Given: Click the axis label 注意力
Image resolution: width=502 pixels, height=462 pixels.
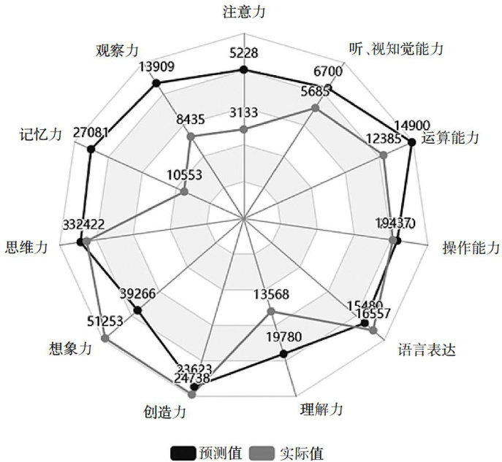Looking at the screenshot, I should pyautogui.click(x=243, y=12).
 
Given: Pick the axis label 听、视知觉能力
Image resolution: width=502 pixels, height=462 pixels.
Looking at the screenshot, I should pyautogui.click(x=396, y=49).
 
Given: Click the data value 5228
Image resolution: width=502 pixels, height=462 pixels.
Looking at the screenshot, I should pyautogui.click(x=243, y=53).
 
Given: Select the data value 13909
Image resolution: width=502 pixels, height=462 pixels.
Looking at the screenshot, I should pyautogui.click(x=157, y=67).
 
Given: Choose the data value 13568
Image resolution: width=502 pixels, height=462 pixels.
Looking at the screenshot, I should pyautogui.click(x=271, y=295).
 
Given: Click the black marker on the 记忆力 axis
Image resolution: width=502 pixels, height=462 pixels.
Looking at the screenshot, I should pyautogui.click(x=91, y=150).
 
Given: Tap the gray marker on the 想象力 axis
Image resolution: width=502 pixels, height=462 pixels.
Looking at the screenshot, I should pyautogui.click(x=107, y=336).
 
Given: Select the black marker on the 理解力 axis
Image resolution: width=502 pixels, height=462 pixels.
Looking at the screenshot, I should pyautogui.click(x=284, y=354).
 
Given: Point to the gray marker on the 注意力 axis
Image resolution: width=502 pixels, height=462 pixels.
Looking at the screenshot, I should pyautogui.click(x=243, y=129).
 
